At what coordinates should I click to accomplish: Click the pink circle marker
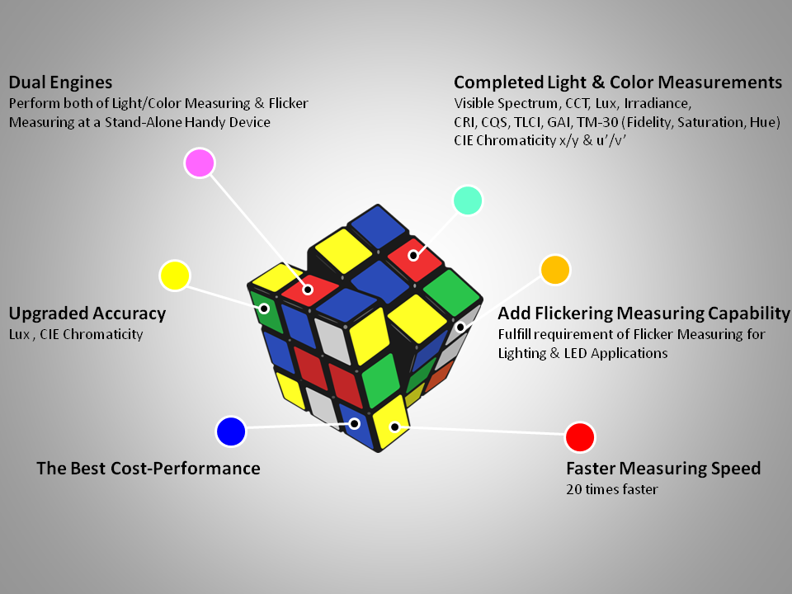pos(200,163)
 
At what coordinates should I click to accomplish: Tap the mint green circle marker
pos(468,200)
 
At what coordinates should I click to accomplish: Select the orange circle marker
pos(555,270)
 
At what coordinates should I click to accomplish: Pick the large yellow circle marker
pos(174,276)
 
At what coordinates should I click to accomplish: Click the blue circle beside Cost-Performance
pos(231,431)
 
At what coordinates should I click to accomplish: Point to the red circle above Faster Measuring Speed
pos(580,437)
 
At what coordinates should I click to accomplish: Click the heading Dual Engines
pos(60,82)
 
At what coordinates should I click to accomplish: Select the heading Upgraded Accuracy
pos(87,313)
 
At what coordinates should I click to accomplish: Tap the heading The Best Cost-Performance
pos(148,469)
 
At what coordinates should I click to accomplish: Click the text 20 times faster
pos(612,489)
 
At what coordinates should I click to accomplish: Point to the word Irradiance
pos(658,104)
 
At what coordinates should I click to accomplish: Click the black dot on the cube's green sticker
pos(264,308)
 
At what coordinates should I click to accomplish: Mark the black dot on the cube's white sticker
pos(460,328)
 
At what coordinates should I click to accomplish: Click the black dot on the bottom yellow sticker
pos(394,427)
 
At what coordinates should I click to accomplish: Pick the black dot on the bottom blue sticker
pos(355,423)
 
